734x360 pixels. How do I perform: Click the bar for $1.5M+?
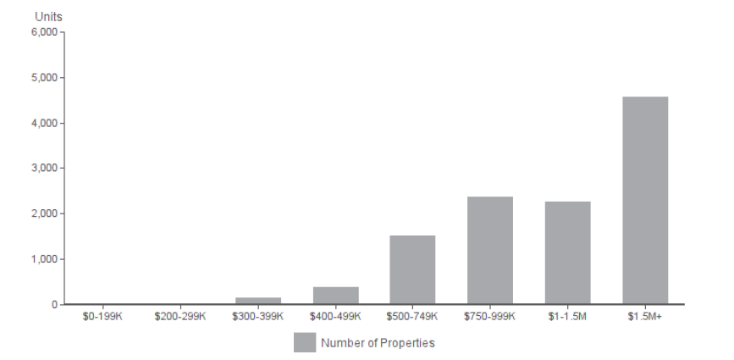point(645,200)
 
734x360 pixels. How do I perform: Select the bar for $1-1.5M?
point(567,252)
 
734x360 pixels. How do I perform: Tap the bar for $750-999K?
point(489,250)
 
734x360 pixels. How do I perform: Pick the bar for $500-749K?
point(412,269)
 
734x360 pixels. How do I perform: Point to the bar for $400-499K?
point(335,296)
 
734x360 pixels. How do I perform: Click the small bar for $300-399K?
point(258,301)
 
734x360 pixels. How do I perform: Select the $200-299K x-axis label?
point(180,317)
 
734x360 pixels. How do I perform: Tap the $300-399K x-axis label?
point(258,317)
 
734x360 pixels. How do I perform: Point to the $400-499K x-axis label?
point(335,317)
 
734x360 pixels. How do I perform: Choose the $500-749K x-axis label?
point(412,317)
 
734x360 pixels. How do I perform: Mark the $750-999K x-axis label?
point(489,317)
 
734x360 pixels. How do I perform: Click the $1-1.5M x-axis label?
point(567,317)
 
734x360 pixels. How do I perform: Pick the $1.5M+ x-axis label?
point(645,317)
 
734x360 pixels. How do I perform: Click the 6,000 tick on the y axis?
point(43,32)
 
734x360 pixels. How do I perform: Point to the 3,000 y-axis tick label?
point(43,169)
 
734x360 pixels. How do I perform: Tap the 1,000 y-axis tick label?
point(43,259)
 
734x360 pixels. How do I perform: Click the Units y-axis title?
point(47,17)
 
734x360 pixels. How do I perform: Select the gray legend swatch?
point(304,342)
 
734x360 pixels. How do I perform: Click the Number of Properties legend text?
point(378,343)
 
